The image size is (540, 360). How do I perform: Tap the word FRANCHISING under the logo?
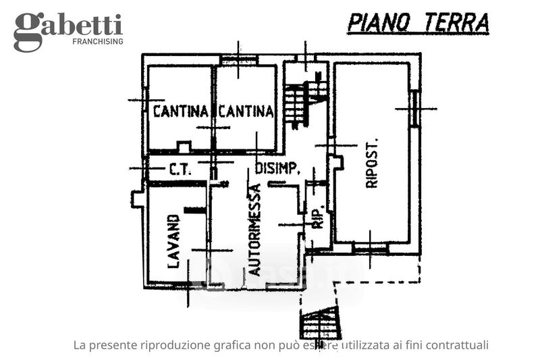coord(97,42)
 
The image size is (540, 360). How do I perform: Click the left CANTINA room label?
coord(180,111)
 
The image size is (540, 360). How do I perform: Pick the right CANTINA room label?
coord(246,111)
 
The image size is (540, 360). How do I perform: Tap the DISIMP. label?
coord(277,170)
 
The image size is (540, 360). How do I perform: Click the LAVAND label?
coord(173,241)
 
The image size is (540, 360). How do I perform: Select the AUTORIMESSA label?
coord(254,230)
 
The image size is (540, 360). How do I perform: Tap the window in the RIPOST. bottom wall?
coord(370,249)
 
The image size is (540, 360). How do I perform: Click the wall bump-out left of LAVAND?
coord(137,198)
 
